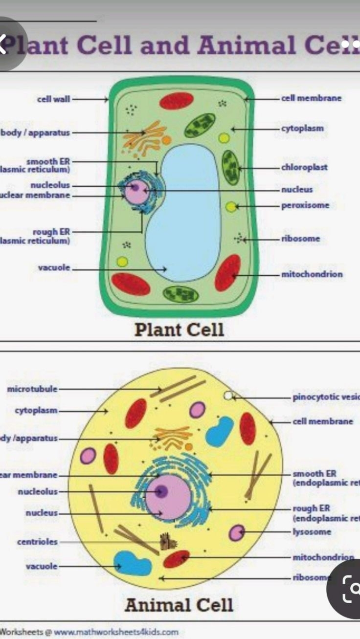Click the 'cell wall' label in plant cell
53,99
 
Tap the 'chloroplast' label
304,167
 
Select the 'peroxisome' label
305,205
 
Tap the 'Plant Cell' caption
179,330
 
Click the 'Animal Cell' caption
179,605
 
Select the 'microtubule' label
32,389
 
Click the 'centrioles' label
37,542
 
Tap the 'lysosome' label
312,532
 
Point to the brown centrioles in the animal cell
167,541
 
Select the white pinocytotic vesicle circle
228,396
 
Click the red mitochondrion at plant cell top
177,101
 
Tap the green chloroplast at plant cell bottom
180,294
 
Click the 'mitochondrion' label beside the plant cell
312,274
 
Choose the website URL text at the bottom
116,632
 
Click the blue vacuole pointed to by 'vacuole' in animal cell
132,563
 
